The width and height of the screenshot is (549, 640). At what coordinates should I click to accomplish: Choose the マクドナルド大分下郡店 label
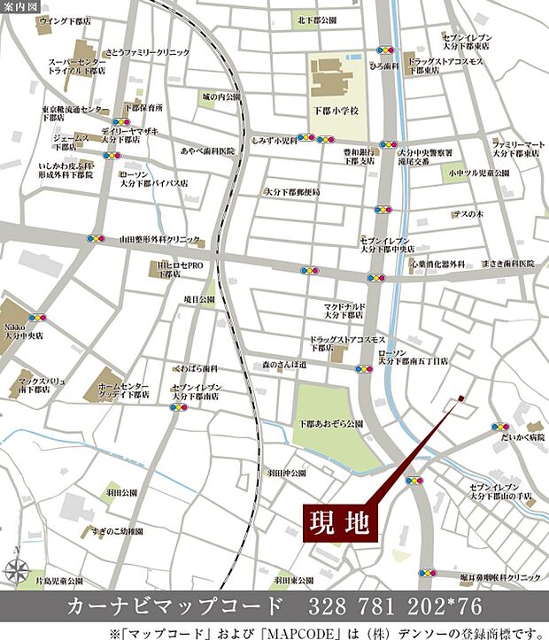(x=345, y=310)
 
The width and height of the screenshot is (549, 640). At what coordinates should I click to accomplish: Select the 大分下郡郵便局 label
(x=291, y=192)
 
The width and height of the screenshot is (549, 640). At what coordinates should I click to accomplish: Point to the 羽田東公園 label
(x=294, y=580)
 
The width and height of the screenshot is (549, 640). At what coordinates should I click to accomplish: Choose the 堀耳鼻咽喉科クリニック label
(x=500, y=577)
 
